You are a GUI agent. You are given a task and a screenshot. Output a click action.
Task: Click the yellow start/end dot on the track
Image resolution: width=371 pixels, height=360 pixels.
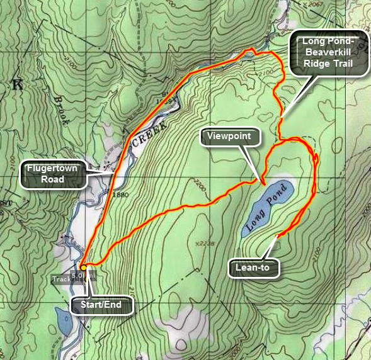[x=84, y=267]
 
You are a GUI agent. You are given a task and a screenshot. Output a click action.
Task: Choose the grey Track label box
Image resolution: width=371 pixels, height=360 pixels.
[x=62, y=277]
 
